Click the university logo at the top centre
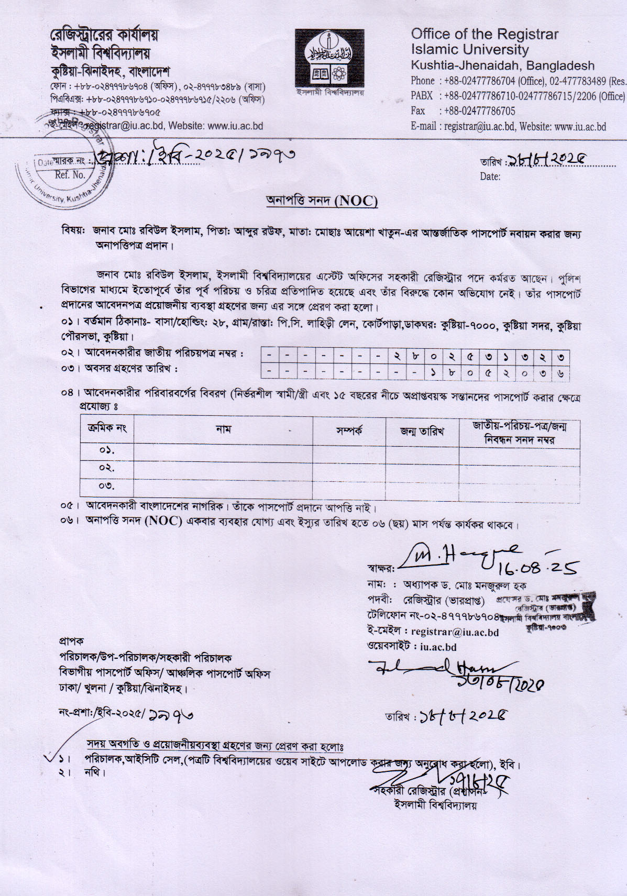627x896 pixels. tap(329, 58)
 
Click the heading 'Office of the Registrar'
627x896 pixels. tap(485, 35)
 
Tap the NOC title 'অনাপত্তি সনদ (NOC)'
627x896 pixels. tap(322, 201)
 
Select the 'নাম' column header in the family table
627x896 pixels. tap(223, 430)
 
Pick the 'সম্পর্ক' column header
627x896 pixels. tap(349, 431)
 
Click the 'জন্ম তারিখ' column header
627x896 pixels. tap(422, 431)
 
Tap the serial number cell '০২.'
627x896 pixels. tap(107, 468)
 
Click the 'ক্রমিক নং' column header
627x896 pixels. tap(107, 428)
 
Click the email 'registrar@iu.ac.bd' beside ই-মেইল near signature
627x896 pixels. tap(455, 632)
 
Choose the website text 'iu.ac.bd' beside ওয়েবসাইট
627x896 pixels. tap(438, 647)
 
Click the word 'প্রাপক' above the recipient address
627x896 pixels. tap(71, 641)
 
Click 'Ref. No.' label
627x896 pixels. tap(70, 175)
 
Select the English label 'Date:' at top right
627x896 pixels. tap(490, 177)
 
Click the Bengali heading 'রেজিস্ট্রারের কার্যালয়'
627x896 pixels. tap(104, 36)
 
